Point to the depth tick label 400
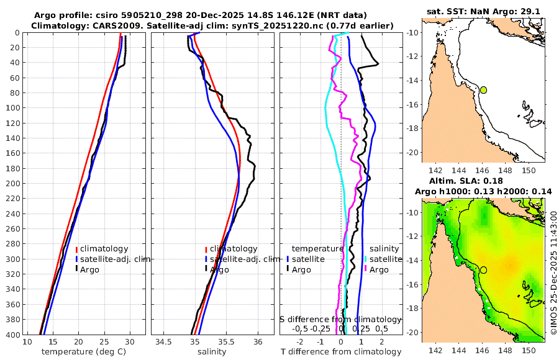tap(11, 335)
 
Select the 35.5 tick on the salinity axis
tap(226, 342)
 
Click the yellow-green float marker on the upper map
tap(483, 90)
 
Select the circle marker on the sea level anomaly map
tap(483, 270)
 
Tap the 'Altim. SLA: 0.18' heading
tap(483, 181)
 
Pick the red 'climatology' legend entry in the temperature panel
tap(103, 249)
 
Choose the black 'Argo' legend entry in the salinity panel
tap(219, 270)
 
